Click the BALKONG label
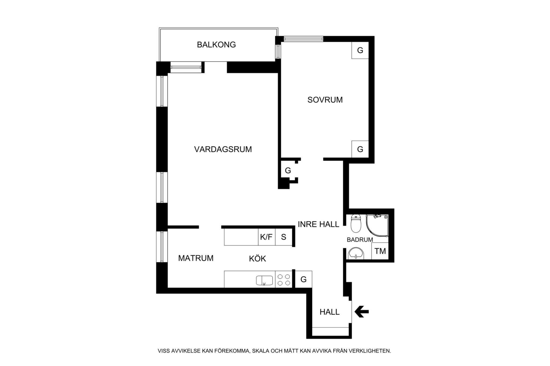216,45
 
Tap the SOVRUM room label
325,100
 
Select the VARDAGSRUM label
223,149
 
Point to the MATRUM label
196,258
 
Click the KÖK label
258,258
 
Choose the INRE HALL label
319,224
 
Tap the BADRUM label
360,240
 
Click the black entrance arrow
361,312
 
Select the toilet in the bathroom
356,223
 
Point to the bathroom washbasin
356,253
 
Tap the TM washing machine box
380,251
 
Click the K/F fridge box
266,237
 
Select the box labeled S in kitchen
284,237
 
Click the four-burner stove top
284,280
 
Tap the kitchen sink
264,280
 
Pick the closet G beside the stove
303,279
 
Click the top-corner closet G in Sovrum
360,50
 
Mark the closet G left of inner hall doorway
288,170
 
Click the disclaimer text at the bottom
274,351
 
